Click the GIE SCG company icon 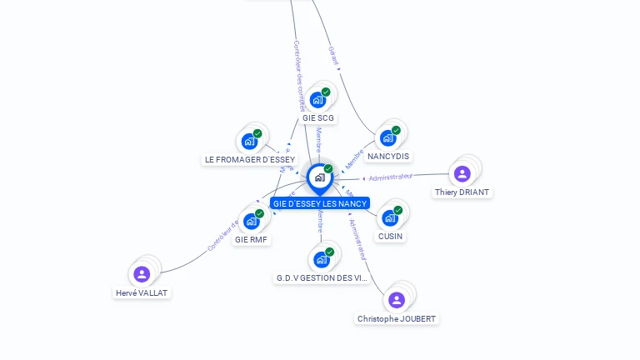[317, 100]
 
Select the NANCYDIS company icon [387, 138]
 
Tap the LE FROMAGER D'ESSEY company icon [249, 141]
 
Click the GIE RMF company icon [251, 221]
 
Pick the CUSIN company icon [389, 218]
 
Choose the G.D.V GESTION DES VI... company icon [321, 259]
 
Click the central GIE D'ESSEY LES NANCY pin [319, 177]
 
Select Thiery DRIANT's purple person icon [462, 173]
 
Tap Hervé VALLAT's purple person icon [142, 274]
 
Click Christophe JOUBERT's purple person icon [397, 300]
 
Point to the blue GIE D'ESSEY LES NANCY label [319, 203]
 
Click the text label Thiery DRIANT [462, 192]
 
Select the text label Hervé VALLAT [142, 292]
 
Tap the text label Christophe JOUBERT [397, 318]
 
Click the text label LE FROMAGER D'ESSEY [250, 159]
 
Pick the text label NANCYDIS [388, 157]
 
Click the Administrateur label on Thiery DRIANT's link [391, 177]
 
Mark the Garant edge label [333, 55]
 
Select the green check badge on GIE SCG [326, 92]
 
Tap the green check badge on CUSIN [397, 210]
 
